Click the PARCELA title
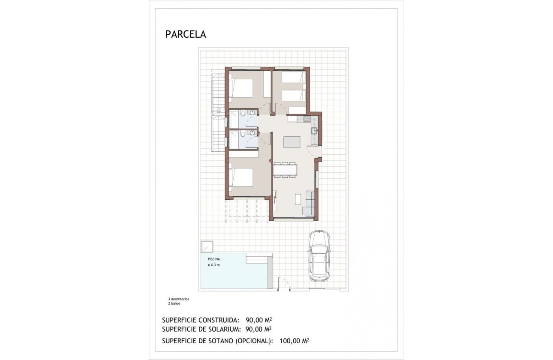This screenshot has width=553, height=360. pos(186,35)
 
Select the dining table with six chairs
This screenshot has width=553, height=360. pos(285,169)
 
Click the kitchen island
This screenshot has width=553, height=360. pos(292,142)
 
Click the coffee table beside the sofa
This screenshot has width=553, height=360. pos(298,199)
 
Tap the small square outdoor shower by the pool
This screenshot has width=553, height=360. pos(207,247)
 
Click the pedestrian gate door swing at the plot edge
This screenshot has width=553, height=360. pos(283,284)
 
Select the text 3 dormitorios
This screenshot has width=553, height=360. pos(178,299)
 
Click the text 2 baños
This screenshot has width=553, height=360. pos(174,303)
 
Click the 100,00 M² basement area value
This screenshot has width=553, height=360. pos(294,341)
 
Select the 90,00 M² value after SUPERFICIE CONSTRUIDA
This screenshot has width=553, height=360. pos(259,320)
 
